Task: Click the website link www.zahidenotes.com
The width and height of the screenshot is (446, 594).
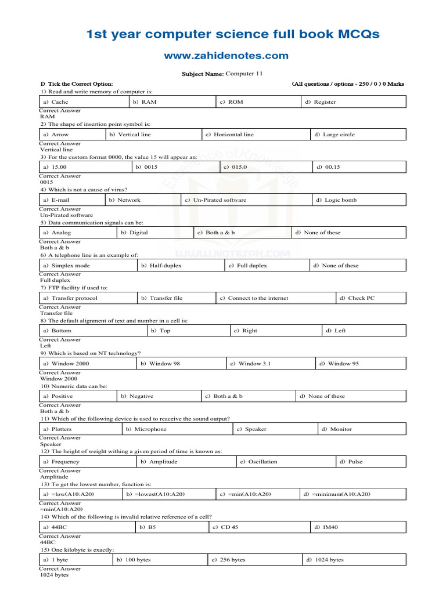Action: (225, 56)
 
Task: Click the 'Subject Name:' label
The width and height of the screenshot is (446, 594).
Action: (202, 74)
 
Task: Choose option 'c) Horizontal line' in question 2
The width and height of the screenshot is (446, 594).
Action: (229, 135)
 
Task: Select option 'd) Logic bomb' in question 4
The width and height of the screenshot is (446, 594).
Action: (336, 200)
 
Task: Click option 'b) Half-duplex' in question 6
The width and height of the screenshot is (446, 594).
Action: (161, 266)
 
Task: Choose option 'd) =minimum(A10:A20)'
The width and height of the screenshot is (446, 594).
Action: (337, 494)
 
